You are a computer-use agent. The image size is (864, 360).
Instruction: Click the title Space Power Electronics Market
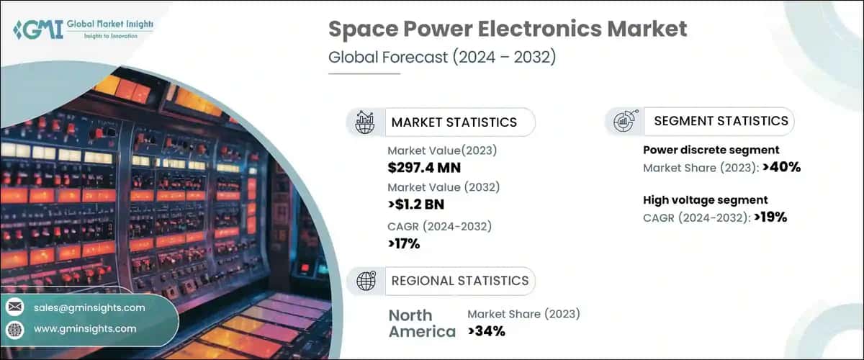pos(508,30)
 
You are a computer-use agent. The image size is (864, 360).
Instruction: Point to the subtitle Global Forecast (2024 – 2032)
pos(442,58)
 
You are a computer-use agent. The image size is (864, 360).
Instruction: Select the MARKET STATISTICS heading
pos(454,122)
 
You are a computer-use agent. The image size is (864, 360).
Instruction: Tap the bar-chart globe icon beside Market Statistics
pos(366,122)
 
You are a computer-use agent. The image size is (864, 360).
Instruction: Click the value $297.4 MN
pos(424,168)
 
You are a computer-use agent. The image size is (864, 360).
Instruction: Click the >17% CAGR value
pos(404,243)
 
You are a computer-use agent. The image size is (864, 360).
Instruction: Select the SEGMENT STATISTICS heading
pos(721,121)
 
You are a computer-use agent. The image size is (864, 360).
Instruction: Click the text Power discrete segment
pos(711,150)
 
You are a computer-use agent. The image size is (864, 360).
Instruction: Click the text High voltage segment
pos(705,199)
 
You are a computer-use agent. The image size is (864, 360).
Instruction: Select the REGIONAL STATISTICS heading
pos(459,280)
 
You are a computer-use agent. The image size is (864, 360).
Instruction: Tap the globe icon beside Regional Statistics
pos(366,280)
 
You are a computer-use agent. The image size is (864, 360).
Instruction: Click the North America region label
pos(421,323)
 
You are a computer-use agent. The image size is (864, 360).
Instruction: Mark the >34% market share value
pos(486,331)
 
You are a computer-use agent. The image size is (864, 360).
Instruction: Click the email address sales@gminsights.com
pos(89,307)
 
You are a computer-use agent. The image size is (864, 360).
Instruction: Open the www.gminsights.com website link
pos(85,328)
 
